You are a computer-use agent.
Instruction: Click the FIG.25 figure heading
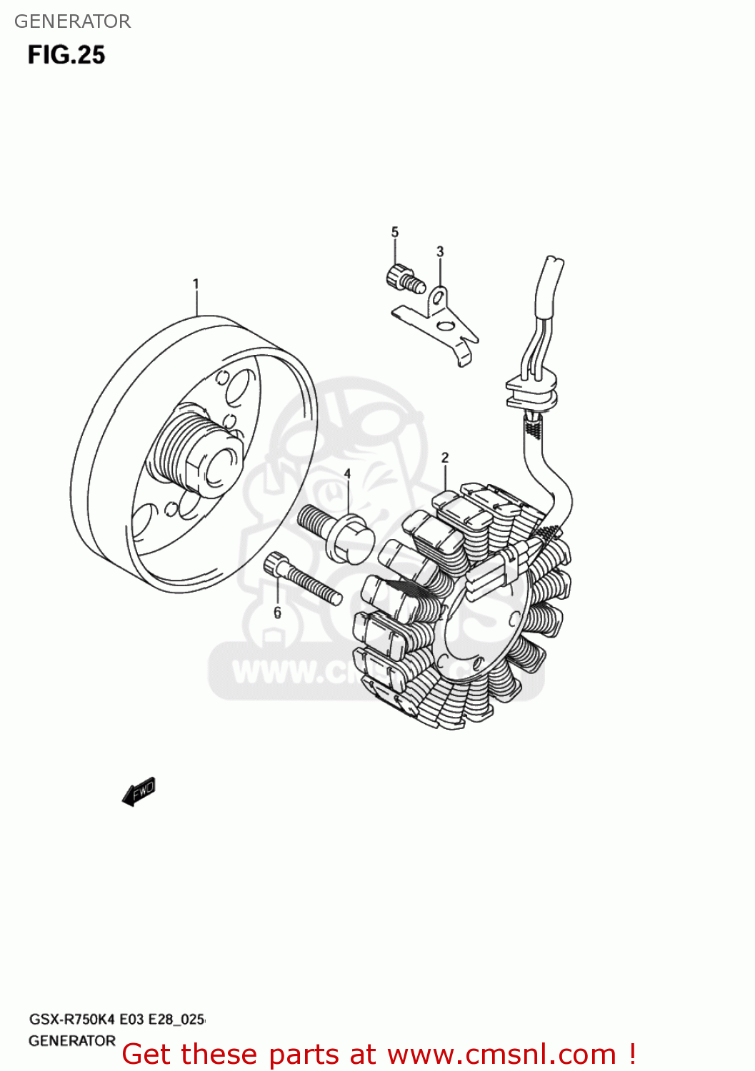pos(66,55)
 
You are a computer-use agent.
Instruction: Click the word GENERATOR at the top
pos(72,21)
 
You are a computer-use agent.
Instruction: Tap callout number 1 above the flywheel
pos(196,284)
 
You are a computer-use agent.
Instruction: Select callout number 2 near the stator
pos(445,458)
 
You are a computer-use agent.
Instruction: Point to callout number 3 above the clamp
pos(440,251)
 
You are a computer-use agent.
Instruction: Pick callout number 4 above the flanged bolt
pos(348,474)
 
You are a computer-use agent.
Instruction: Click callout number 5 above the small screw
pos(395,232)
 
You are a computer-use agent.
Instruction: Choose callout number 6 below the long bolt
pos(277,613)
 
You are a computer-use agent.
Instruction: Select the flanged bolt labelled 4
pos(336,531)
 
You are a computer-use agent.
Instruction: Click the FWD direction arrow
pos(139,791)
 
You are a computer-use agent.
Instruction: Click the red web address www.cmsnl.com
pos(501,1055)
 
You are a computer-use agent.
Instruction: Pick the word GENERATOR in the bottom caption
pos(72,1041)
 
